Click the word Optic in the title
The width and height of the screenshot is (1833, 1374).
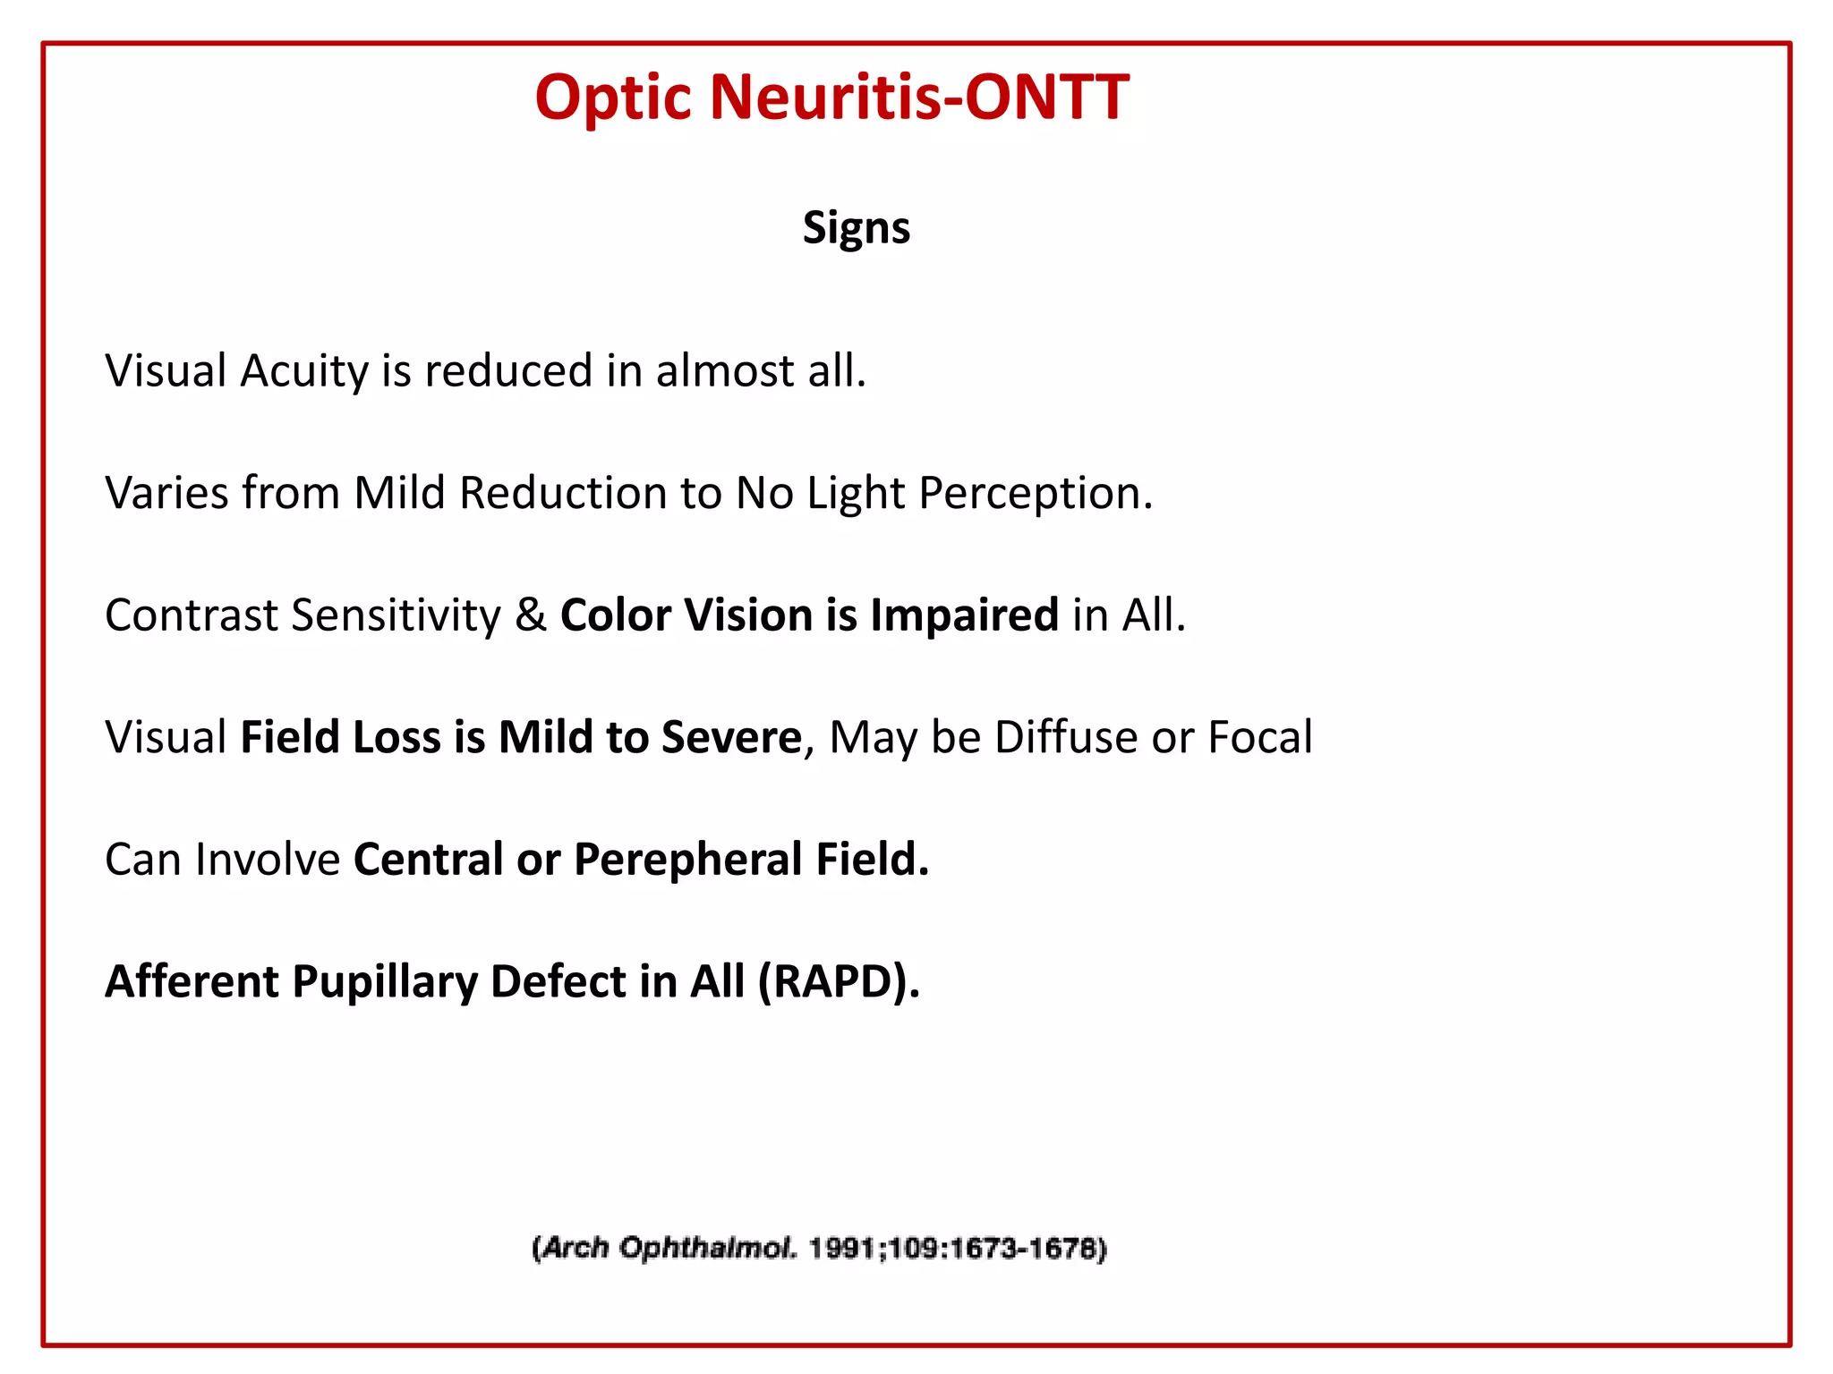(613, 98)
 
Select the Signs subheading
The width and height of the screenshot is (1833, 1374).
(856, 227)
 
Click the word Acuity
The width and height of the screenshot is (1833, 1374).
(304, 371)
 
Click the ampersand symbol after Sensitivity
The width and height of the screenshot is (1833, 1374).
(531, 615)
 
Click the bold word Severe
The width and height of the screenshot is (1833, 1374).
(731, 737)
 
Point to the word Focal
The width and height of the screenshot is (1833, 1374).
(1260, 737)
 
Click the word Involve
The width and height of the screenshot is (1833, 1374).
(267, 860)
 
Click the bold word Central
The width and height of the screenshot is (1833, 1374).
(428, 860)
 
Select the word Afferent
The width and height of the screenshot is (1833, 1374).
(192, 981)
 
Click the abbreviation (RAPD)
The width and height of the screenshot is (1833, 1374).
(838, 982)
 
